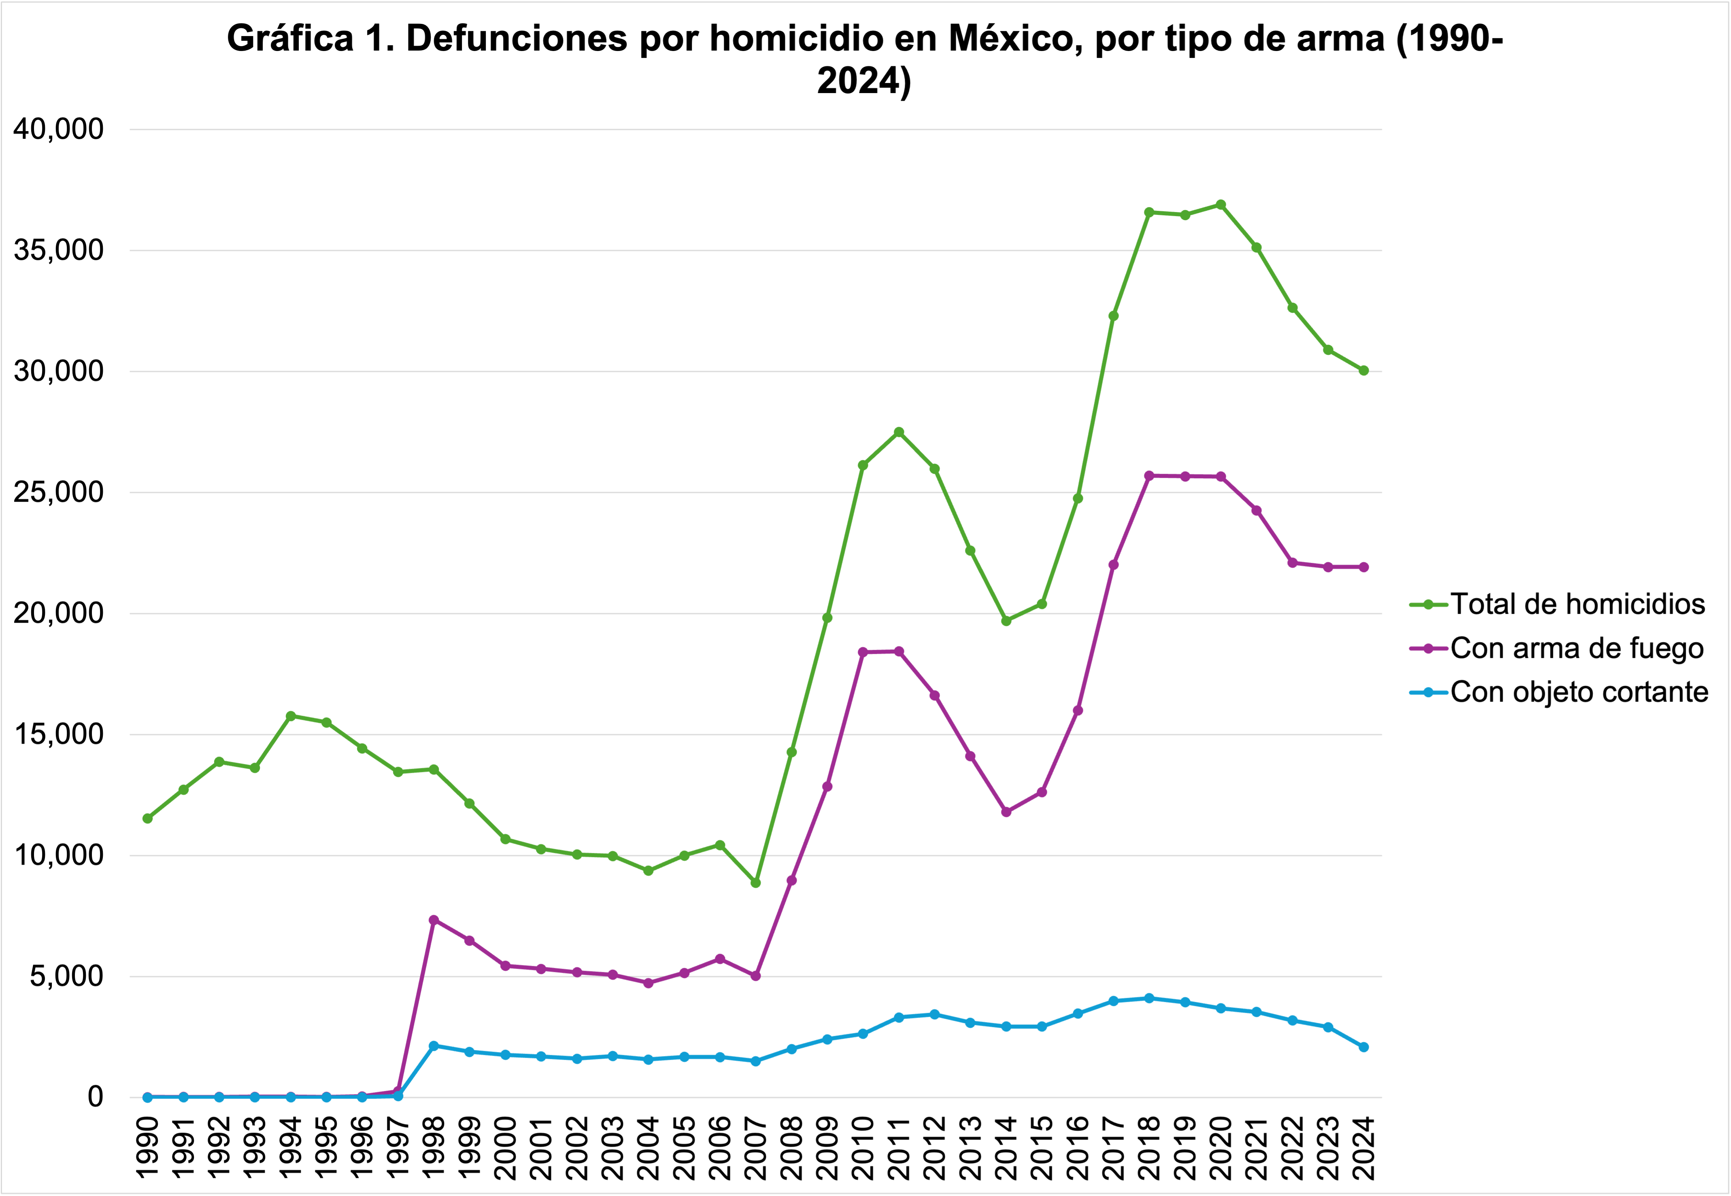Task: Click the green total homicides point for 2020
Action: pyautogui.click(x=1221, y=205)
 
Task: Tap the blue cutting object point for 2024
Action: pyautogui.click(x=1364, y=1047)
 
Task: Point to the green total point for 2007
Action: pyautogui.click(x=756, y=883)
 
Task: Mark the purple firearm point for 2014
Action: pyautogui.click(x=1006, y=812)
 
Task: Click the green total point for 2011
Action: pyautogui.click(x=899, y=432)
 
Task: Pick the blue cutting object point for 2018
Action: pyautogui.click(x=1149, y=998)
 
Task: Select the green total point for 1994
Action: pyautogui.click(x=291, y=716)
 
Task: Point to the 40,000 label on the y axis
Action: pyautogui.click(x=58, y=129)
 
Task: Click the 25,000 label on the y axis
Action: pyautogui.click(x=58, y=492)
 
